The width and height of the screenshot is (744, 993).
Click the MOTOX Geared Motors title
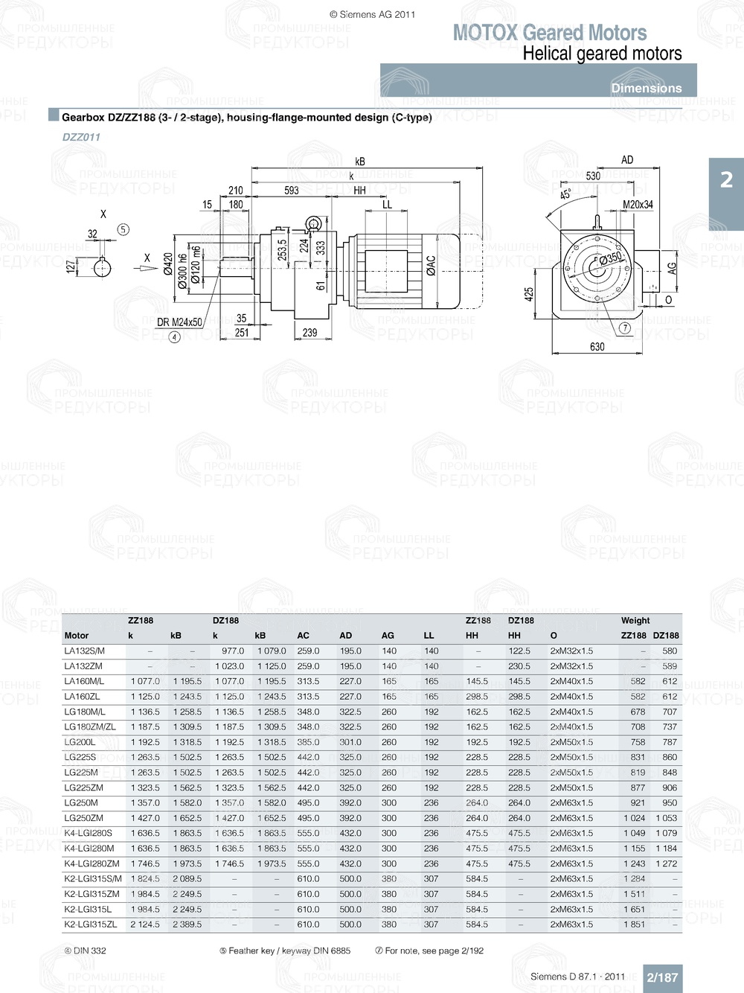click(x=550, y=33)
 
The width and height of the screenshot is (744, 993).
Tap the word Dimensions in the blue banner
click(x=646, y=88)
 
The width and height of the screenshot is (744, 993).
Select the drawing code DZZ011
click(x=81, y=137)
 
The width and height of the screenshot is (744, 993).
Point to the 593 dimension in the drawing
click(x=292, y=191)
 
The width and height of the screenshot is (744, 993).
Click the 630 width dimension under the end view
click(x=597, y=347)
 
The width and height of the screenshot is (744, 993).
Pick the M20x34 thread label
click(x=638, y=205)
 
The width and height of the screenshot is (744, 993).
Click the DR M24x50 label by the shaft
click(x=179, y=322)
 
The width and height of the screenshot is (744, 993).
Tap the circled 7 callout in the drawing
click(x=625, y=328)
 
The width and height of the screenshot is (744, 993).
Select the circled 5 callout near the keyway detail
click(x=124, y=229)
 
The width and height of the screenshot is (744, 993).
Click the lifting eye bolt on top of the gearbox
click(x=314, y=223)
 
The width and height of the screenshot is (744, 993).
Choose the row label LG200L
click(x=80, y=742)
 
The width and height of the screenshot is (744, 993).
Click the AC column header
click(x=303, y=636)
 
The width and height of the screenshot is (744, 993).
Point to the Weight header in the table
click(x=635, y=620)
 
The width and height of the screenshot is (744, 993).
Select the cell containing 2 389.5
click(x=187, y=925)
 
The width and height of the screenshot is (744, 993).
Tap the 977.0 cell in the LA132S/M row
click(x=233, y=651)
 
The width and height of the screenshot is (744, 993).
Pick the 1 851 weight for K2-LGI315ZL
click(x=634, y=925)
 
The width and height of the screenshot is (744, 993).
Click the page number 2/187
click(x=662, y=977)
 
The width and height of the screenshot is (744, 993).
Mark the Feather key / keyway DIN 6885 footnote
click(x=285, y=951)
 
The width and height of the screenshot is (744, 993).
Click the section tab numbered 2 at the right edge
click(x=726, y=179)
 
